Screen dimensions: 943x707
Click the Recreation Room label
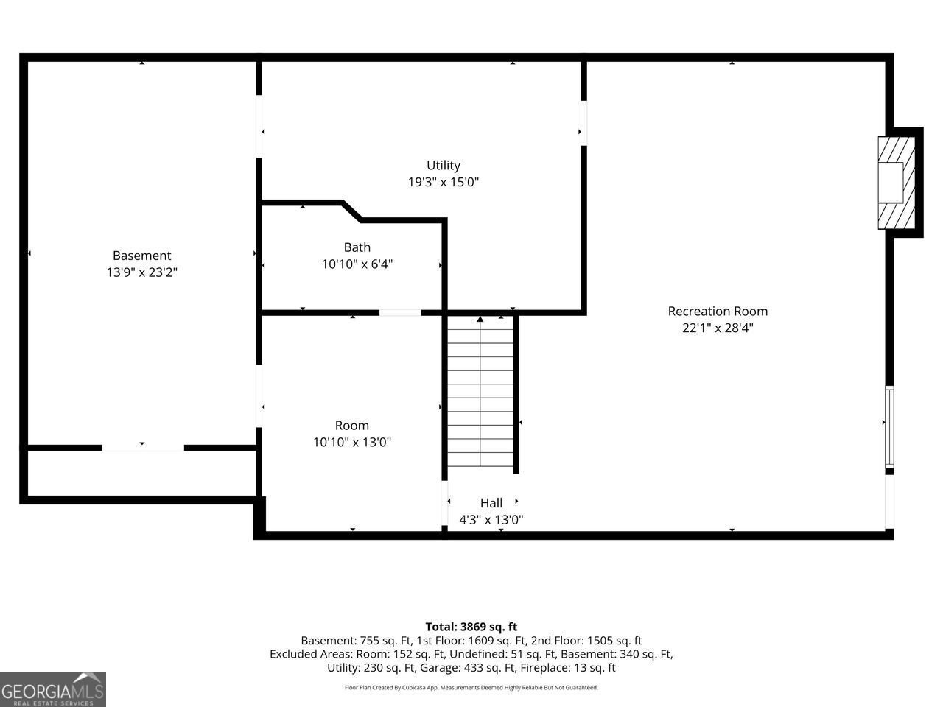click(718, 312)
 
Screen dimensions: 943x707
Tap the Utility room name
click(444, 165)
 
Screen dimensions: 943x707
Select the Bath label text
click(357, 247)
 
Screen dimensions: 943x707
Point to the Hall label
click(491, 503)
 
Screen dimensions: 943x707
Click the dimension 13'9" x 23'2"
click(141, 272)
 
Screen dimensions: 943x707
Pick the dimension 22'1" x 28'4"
click(718, 328)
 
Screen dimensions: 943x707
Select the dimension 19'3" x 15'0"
click(444, 182)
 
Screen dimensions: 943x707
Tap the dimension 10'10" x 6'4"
click(357, 264)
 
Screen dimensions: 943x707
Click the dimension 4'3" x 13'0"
click(491, 520)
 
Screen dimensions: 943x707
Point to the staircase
click(480, 391)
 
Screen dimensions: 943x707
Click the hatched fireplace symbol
click(896, 183)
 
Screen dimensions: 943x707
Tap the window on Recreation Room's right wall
click(890, 426)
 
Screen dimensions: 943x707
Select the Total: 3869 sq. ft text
click(471, 627)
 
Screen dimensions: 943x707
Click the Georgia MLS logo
click(53, 689)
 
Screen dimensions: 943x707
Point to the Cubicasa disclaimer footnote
click(471, 688)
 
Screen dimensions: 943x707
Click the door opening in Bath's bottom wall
click(400, 312)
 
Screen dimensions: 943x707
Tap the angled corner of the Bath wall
click(352, 211)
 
